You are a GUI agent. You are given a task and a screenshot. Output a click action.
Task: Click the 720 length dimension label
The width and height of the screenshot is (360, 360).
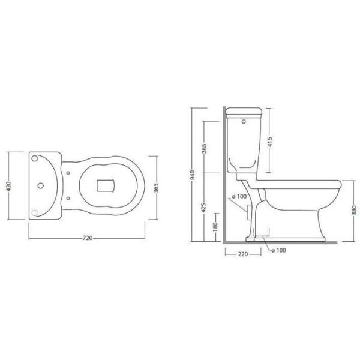[x=87, y=238]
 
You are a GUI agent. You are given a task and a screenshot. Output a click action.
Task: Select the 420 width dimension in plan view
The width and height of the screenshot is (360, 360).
[x=9, y=186]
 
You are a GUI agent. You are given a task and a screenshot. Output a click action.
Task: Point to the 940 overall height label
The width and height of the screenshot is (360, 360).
[x=193, y=175]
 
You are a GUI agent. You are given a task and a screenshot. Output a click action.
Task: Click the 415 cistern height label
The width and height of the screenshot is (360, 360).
[x=270, y=142]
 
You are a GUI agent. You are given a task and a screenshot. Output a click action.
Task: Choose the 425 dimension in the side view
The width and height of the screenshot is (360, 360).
[x=203, y=207]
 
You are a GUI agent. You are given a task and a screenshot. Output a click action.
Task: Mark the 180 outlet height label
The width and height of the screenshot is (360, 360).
[x=215, y=227]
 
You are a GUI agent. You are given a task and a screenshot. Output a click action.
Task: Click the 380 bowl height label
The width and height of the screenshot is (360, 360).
[x=354, y=211]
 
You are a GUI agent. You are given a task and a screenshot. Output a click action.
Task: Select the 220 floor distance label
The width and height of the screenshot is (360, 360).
[x=243, y=254]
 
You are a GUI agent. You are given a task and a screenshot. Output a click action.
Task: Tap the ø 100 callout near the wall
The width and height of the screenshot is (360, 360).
[x=239, y=197]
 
